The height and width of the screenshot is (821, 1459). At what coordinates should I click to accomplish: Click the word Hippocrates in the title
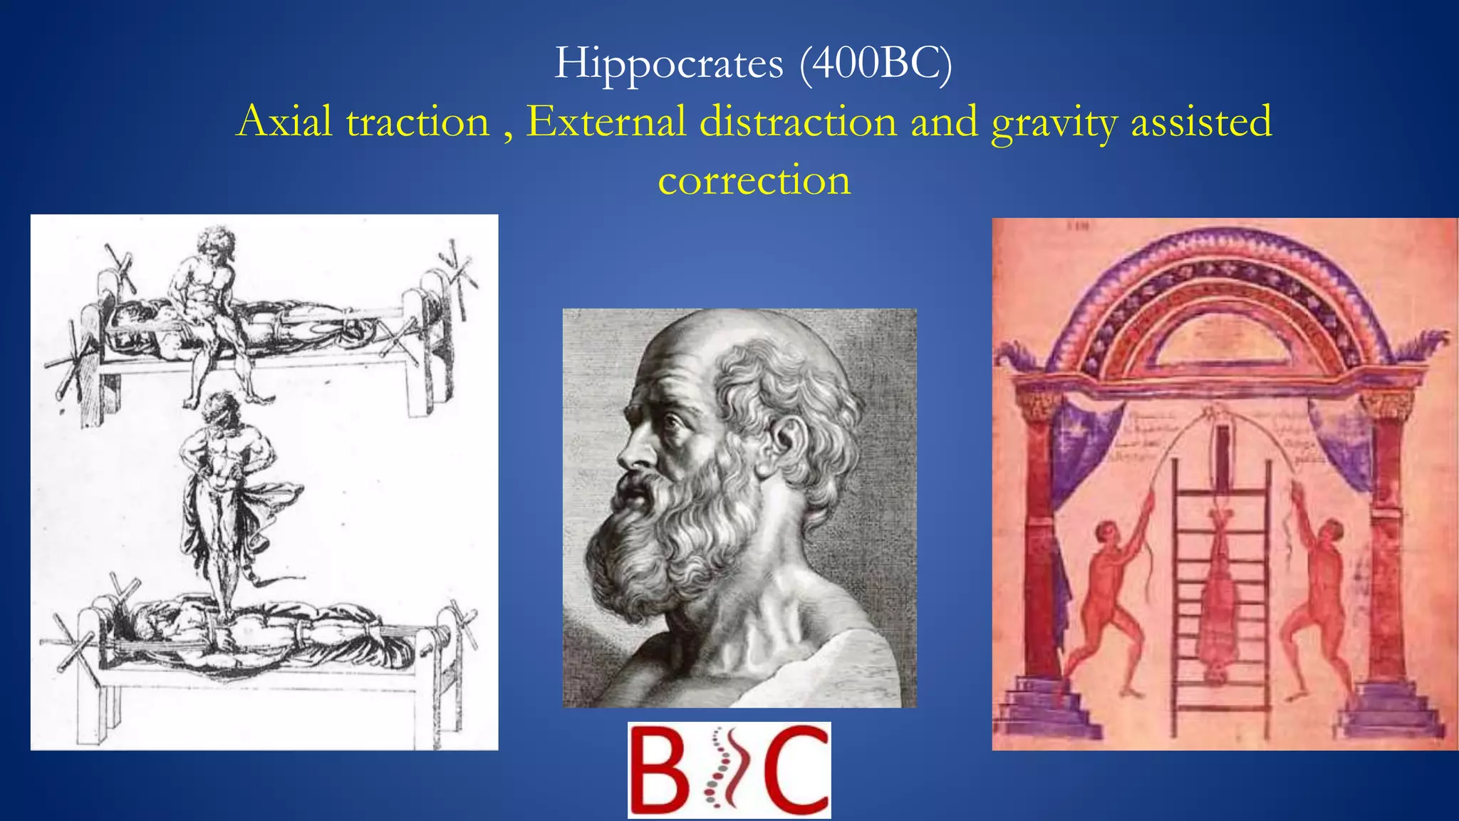(668, 64)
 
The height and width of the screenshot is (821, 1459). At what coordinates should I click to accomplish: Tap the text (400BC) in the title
(876, 64)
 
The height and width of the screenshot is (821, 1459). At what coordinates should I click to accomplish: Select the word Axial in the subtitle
(285, 121)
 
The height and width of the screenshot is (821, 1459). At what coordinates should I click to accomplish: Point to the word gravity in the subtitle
(1054, 123)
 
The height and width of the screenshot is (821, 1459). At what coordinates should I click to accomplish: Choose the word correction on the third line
(754, 180)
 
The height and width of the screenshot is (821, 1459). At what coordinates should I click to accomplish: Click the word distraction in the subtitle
(798, 121)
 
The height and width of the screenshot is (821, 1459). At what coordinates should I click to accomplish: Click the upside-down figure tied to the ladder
(1220, 592)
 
